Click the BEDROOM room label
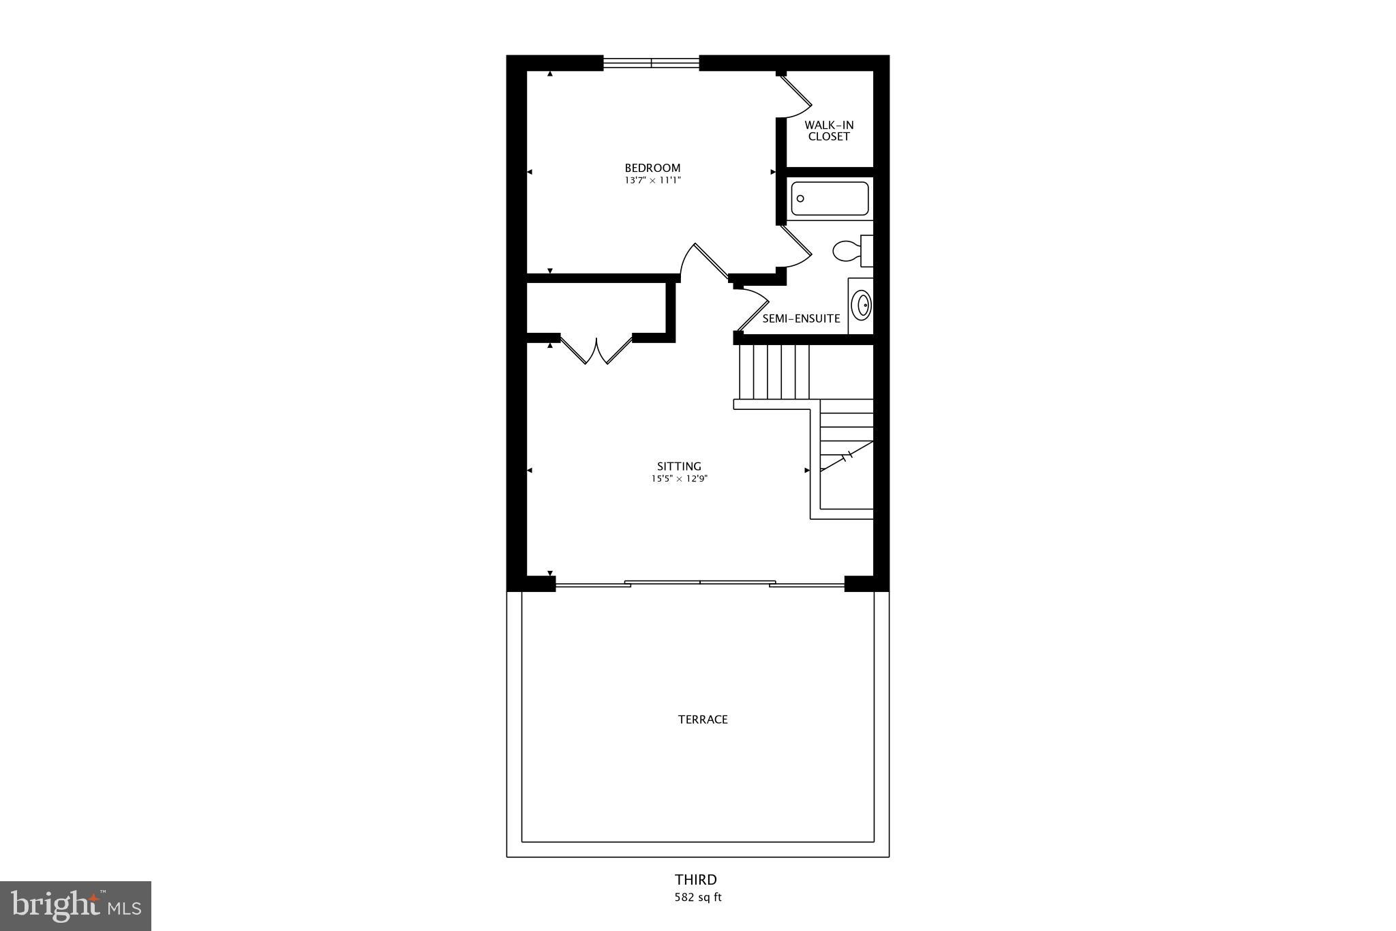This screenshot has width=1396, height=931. coord(652,168)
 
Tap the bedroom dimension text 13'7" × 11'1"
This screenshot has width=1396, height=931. coord(652,181)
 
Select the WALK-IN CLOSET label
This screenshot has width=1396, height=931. coord(828,131)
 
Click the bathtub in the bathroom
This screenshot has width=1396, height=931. coord(830,198)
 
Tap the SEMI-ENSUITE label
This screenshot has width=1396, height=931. coord(801,319)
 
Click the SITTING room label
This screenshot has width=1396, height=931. coord(679,467)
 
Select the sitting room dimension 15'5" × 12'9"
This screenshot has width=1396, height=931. coord(679,479)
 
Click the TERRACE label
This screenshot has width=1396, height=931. coord(703,720)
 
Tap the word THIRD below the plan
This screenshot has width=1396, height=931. coord(696,880)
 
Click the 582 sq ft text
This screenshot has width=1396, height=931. coord(697,898)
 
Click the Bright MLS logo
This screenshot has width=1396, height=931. coord(76,906)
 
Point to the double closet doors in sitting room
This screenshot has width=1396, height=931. coord(596,351)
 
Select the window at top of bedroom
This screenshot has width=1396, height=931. coord(651,63)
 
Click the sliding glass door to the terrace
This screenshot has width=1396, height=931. coord(700,583)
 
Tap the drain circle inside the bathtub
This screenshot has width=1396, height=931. coord(801,198)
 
